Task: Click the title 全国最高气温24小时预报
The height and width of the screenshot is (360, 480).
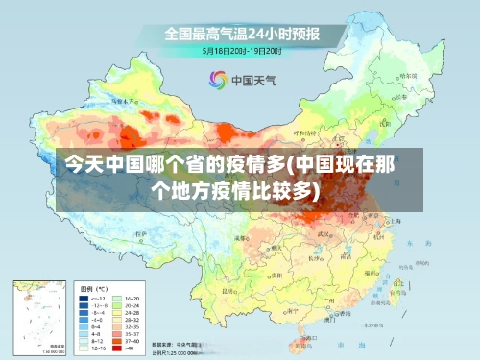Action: pos(242,34)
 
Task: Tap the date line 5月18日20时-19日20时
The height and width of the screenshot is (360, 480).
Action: pos(242,50)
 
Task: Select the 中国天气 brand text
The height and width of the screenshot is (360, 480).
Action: pos(252,81)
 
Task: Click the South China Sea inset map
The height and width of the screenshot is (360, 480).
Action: pos(39,316)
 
